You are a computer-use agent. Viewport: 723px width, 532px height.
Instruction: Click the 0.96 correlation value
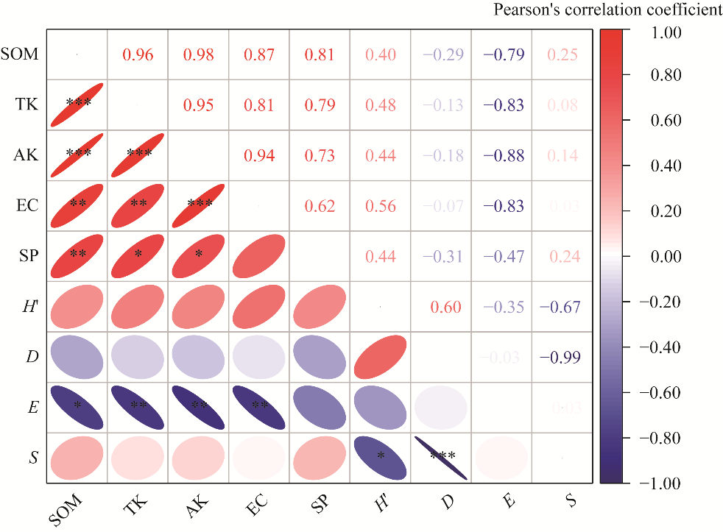138,54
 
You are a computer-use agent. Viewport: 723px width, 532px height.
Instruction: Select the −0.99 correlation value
560,358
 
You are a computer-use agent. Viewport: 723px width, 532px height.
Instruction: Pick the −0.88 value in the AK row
504,155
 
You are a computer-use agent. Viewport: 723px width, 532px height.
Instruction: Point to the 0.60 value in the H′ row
446,307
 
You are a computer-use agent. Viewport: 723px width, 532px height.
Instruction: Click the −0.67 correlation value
560,307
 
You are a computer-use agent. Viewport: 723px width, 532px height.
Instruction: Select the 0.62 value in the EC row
320,206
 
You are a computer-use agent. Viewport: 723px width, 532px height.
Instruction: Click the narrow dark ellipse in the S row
441,458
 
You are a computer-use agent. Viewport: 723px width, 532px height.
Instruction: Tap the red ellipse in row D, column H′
380,357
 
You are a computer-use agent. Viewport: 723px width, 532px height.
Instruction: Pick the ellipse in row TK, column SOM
77,104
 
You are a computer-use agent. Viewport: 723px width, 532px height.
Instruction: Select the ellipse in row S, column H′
380,458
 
